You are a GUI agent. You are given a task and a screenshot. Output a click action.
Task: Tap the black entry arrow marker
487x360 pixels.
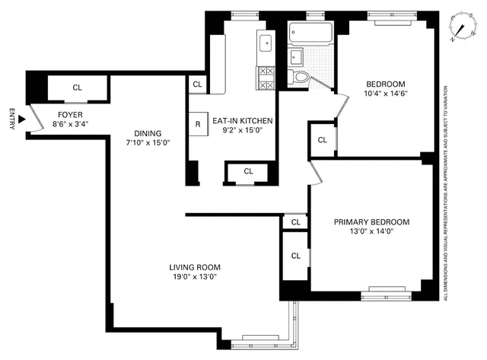pos(23,119)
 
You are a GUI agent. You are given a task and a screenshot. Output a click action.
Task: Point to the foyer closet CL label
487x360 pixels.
pos(77,88)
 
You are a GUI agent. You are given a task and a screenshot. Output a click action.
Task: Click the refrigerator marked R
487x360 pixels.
pos(198,124)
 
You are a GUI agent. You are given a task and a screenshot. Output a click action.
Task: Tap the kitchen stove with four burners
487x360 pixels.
pos(266,78)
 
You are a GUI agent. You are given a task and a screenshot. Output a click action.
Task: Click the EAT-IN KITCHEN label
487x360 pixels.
pos(243,120)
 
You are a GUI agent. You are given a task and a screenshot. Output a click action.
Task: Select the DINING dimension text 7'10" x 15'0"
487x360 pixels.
pos(149,141)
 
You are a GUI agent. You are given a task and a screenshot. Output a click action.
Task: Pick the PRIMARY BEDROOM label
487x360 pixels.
pos(371,222)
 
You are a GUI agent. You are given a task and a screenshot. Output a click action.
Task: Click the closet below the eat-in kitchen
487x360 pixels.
pos(248,171)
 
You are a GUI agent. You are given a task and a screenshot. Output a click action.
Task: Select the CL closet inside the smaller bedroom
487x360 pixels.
pos(322,140)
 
